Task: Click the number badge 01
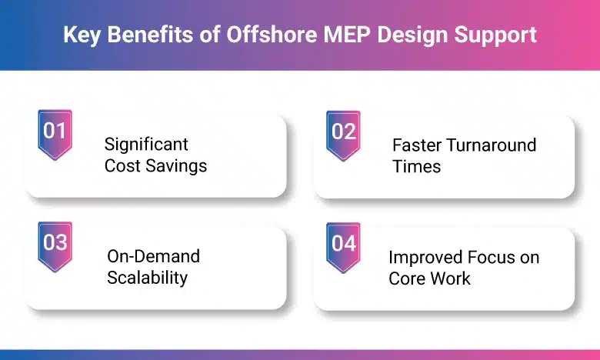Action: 55,132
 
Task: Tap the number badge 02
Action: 343,132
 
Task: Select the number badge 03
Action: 55,244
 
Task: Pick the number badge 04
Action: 343,244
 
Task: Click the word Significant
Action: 146,144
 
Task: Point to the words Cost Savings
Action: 156,165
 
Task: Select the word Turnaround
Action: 493,145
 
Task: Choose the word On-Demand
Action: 153,256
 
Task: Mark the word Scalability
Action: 147,277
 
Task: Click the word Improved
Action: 425,257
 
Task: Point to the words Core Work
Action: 429,278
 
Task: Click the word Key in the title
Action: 80,35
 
